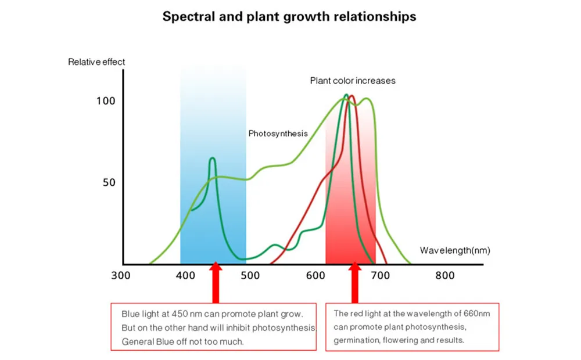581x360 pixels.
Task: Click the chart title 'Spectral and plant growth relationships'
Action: coord(289,16)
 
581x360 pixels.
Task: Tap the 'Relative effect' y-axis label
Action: coord(96,62)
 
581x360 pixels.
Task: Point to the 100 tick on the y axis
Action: coord(106,101)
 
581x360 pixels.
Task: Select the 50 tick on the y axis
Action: coord(109,182)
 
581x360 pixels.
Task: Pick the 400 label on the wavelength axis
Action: coord(185,276)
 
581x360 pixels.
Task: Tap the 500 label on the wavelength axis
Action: coord(250,276)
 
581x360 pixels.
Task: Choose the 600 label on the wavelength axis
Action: coord(315,276)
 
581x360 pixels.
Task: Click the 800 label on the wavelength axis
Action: coord(445,276)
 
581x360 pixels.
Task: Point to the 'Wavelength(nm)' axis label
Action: coord(454,251)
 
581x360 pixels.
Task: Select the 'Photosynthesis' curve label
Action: coord(278,134)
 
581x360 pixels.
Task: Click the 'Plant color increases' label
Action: coord(352,81)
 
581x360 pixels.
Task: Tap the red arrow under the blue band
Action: coord(216,282)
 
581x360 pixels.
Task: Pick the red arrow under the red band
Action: coord(353,282)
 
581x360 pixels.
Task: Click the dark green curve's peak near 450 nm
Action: coord(212,158)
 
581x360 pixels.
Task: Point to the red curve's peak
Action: coord(352,96)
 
